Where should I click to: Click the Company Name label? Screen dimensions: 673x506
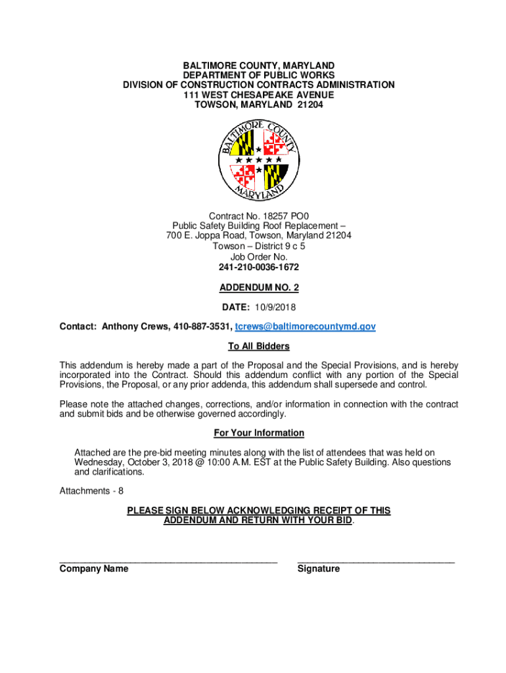pyautogui.click(x=94, y=569)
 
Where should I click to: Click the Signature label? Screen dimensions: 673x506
pyautogui.click(x=319, y=569)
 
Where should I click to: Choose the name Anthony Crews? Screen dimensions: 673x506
pyautogui.click(x=135, y=327)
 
